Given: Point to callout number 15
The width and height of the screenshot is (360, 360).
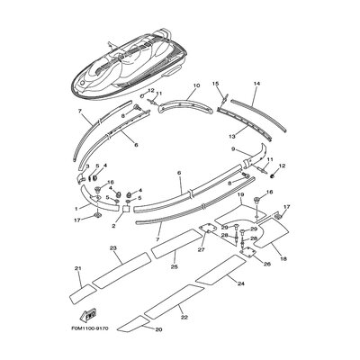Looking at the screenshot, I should click(216, 84).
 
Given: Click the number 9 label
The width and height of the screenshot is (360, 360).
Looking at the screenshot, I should click(233, 149).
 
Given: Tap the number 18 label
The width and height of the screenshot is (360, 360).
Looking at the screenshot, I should click(284, 259).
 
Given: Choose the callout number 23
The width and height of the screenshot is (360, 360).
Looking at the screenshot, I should click(114, 247).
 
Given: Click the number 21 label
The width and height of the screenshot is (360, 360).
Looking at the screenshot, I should click(78, 269).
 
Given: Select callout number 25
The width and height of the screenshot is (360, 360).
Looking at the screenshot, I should click(174, 266).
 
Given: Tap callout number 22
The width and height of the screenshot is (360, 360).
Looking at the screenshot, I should click(184, 318).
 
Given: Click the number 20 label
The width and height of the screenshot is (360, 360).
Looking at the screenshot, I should click(159, 330).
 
